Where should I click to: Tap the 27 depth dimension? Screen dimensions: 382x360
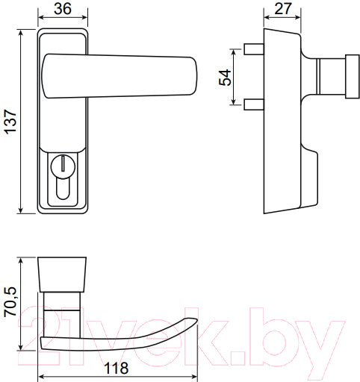point(283,10)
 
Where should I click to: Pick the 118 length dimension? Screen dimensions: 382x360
point(117,369)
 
